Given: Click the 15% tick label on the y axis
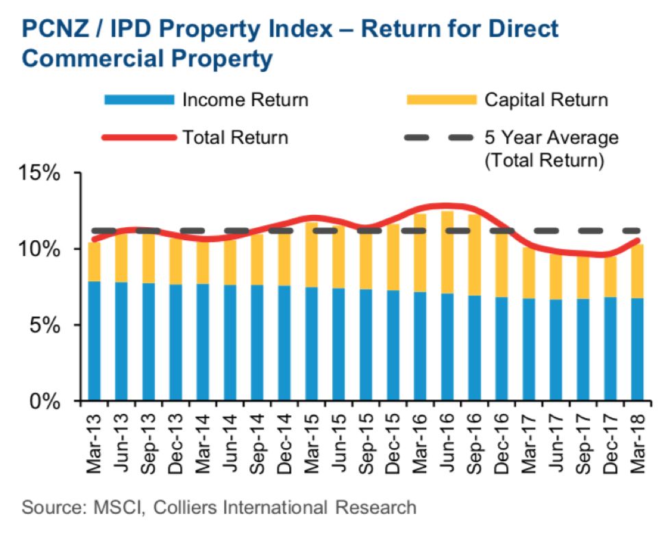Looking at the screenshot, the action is click(39, 173).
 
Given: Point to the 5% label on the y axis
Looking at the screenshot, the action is click(44, 326).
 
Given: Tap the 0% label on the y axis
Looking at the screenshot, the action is click(44, 401).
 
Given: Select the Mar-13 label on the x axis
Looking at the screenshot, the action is click(94, 443).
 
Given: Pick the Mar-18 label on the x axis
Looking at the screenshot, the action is click(638, 443).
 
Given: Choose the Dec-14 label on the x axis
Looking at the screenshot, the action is click(284, 444).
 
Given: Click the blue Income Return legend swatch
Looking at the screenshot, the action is click(140, 100).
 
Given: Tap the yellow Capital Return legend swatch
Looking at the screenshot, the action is click(441, 100).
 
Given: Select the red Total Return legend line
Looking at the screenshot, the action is click(139, 138).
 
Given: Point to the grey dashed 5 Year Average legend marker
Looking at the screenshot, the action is click(438, 138).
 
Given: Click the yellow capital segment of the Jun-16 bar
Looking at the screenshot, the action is click(447, 252).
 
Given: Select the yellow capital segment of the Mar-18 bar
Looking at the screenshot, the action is click(638, 272).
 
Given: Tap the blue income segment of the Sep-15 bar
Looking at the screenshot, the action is click(366, 345).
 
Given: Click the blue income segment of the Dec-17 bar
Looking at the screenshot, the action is click(610, 349).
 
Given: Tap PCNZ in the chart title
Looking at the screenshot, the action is click(55, 29).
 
